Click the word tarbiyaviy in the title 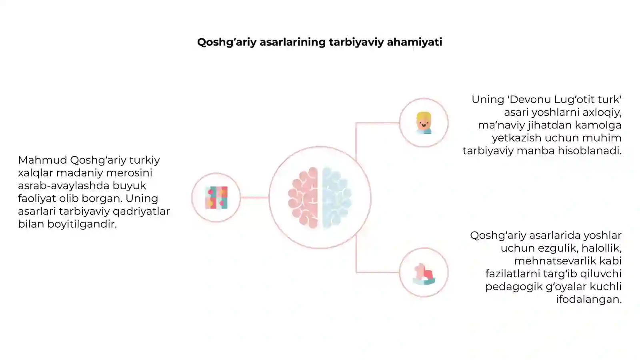tap(356, 42)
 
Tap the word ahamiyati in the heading tap(414, 42)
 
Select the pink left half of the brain tap(303, 198)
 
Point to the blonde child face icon tap(424, 123)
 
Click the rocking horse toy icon tap(424, 274)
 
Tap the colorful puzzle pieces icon tap(216, 198)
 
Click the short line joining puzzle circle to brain tap(254, 198)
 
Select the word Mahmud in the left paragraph tap(42, 160)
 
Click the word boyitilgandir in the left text tap(82, 224)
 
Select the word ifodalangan tap(589, 300)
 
